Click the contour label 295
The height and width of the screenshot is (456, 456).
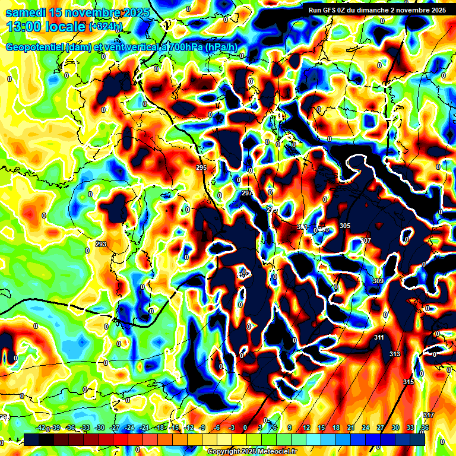[x=201, y=168]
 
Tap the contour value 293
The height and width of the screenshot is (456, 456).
[x=100, y=244]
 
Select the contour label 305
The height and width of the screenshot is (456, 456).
[x=345, y=226]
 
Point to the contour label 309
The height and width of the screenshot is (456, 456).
[x=378, y=280]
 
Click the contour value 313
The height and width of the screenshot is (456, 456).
[x=395, y=354]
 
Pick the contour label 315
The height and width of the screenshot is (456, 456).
[x=408, y=381]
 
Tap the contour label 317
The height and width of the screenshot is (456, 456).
[x=429, y=414]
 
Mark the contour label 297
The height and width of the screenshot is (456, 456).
[x=247, y=194]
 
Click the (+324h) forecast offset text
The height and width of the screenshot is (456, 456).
[x=106, y=27]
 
